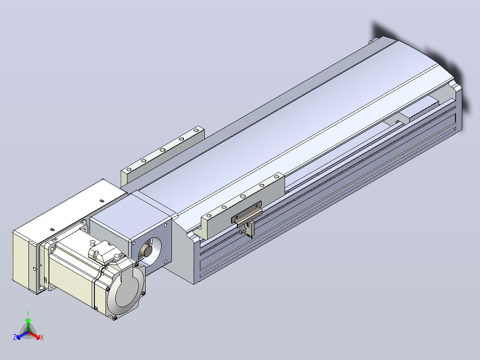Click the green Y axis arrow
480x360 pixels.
[28, 324]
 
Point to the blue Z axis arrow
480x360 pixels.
[22, 335]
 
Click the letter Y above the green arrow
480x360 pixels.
[28, 314]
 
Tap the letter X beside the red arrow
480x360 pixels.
[42, 337]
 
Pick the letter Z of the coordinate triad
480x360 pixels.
[15, 337]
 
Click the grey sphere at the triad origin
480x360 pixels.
[28, 332]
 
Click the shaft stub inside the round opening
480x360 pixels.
[146, 252]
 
